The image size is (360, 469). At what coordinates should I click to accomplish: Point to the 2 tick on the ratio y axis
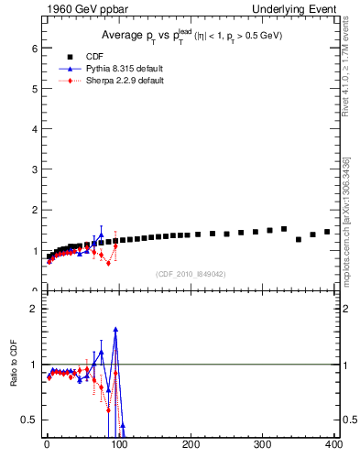pyautogui.click(x=34, y=309)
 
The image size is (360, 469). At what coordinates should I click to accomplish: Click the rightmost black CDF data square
pyautogui.click(x=327, y=232)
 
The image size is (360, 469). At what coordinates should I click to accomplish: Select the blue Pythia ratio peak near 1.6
pyautogui.click(x=115, y=330)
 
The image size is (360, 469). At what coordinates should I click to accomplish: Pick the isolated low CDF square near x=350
pyautogui.click(x=299, y=239)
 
